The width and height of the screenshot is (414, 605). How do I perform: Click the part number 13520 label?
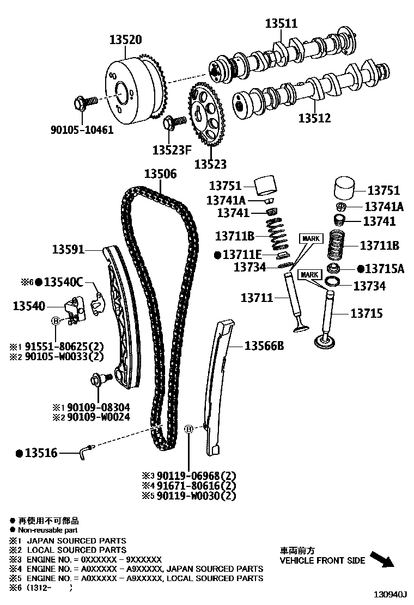[x=125, y=39]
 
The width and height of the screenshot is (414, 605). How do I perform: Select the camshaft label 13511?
[x=281, y=23]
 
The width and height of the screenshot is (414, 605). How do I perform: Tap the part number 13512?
[x=314, y=118]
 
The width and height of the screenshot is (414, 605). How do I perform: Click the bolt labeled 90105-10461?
[x=84, y=102]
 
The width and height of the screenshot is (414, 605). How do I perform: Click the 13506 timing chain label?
[x=160, y=174]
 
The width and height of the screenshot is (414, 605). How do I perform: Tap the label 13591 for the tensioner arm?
[x=68, y=250]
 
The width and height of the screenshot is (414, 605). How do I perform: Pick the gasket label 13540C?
[x=63, y=282]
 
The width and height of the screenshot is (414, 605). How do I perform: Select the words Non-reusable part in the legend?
[x=48, y=530]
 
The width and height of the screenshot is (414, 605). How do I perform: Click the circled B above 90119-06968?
[x=189, y=430]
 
